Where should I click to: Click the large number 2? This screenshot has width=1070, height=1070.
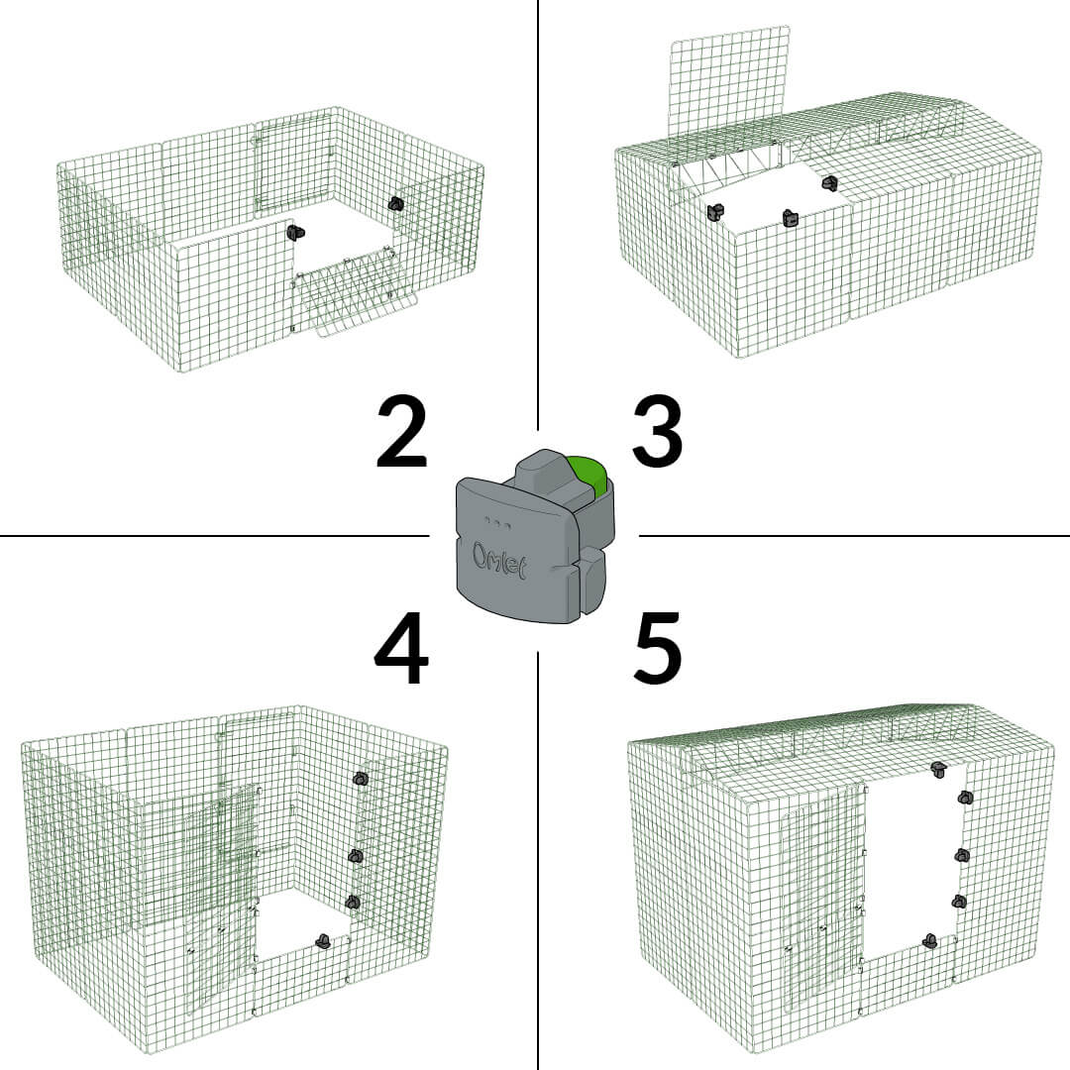[401, 434]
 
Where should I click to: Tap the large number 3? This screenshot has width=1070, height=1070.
[657, 434]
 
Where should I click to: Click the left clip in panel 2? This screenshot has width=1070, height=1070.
[294, 233]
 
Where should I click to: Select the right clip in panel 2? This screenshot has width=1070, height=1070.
[396, 204]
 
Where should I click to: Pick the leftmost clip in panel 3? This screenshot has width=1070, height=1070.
[715, 212]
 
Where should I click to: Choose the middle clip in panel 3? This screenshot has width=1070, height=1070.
[790, 218]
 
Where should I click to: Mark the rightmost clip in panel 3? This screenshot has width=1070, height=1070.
[829, 182]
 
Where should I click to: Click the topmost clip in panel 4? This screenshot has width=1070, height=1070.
[361, 779]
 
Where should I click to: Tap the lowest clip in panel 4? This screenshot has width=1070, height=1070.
[322, 941]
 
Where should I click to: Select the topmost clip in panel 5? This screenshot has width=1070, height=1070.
[938, 769]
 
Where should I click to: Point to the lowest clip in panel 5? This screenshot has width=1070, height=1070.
[929, 940]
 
